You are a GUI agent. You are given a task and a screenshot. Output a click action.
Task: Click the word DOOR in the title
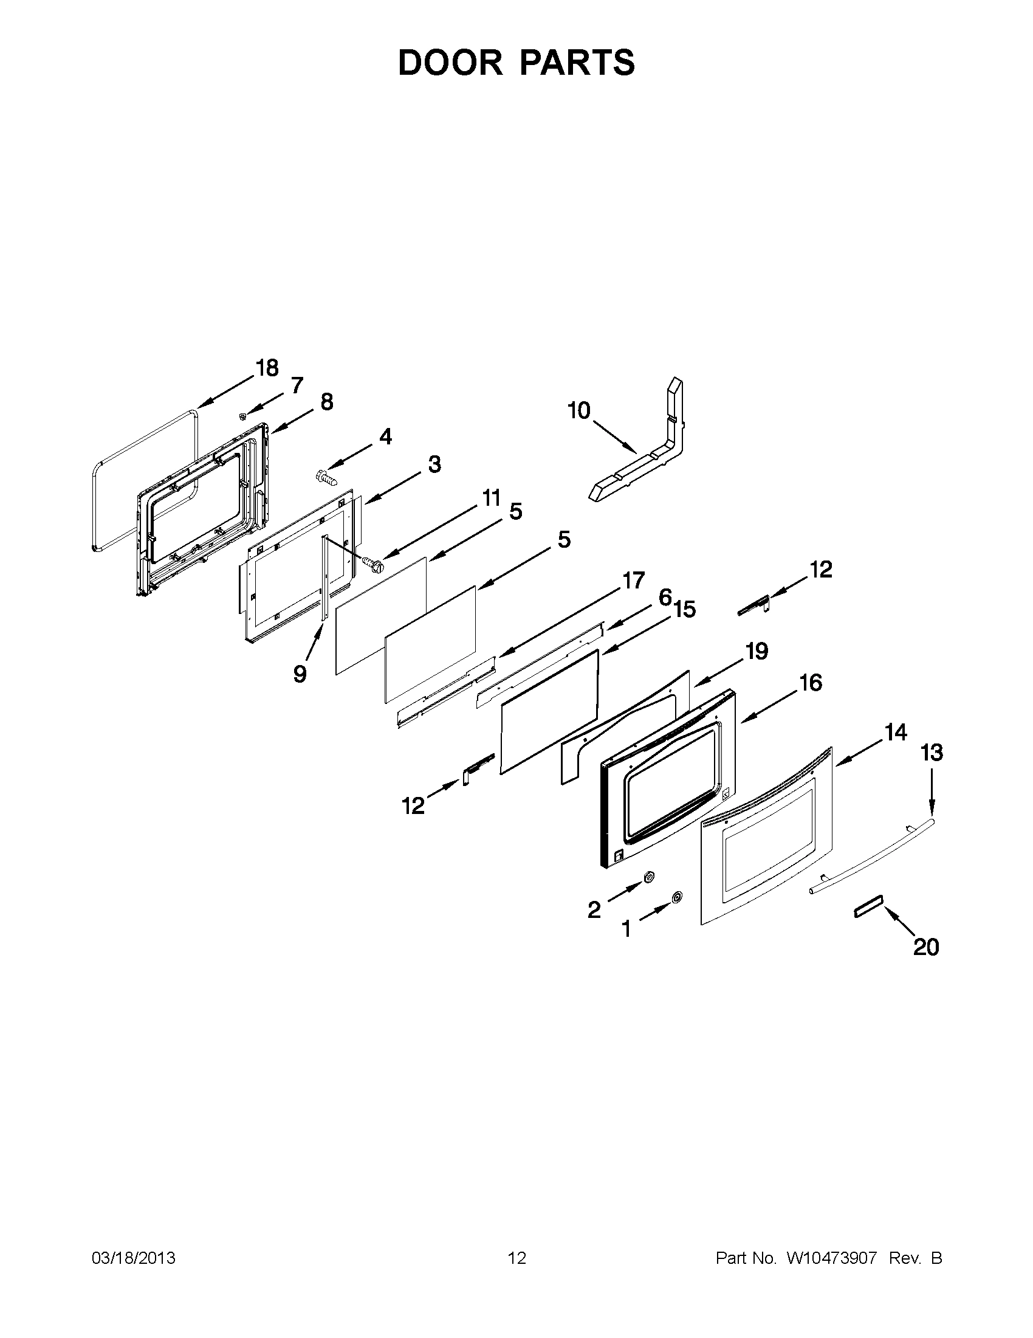pos(450,63)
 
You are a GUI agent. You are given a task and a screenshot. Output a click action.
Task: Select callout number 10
pos(578,410)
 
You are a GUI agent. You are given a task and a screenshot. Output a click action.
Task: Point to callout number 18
pos(267,368)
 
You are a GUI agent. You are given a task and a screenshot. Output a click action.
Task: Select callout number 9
pos(300,674)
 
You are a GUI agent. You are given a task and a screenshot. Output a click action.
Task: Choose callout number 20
pos(926,947)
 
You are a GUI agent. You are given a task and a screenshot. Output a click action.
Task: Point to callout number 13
pos(932,753)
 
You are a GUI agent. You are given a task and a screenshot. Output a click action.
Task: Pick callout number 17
pos(634,579)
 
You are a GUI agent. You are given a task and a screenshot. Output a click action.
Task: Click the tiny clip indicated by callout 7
pos(243,416)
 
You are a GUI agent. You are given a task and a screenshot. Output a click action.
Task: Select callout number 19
pos(757,651)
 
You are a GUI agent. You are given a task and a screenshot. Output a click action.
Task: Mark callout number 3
pos(434,464)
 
